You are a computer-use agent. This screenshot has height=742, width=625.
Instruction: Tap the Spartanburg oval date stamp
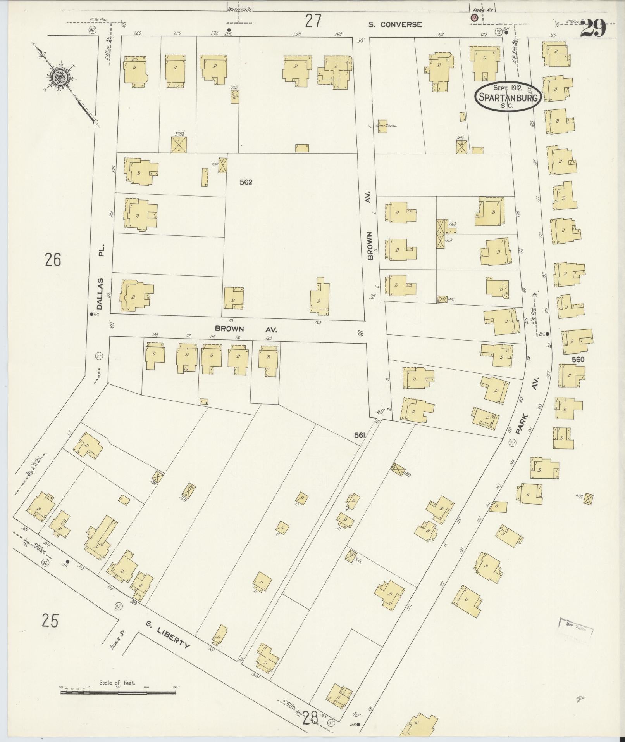point(508,97)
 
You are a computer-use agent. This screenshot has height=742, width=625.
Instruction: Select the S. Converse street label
point(395,24)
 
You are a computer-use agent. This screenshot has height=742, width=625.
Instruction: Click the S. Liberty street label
point(168,638)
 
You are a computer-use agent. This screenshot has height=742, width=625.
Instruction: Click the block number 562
point(246,182)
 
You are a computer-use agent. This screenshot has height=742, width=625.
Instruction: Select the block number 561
point(360,436)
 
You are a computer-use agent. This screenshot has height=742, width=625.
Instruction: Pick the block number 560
point(578,360)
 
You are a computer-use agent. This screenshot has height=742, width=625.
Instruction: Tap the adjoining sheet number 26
point(53,260)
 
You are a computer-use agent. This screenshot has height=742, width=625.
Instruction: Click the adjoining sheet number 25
point(50,621)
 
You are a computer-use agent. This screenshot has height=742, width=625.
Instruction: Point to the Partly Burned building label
point(390,126)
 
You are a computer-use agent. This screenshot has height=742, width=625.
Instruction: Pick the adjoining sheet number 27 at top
point(313,21)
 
